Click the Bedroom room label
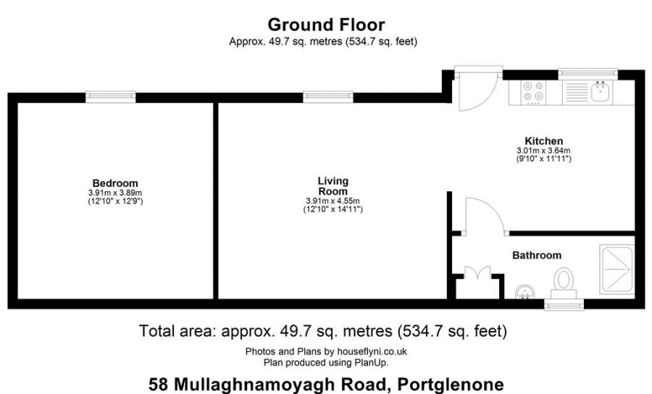[x=115, y=183]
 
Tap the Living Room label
[x=333, y=186]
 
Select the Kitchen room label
[x=544, y=141]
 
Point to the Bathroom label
[x=537, y=255]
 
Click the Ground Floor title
[x=327, y=25]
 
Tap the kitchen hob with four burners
[x=533, y=91]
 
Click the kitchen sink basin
[x=601, y=91]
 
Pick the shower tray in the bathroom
[x=617, y=269]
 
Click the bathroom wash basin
[x=524, y=292]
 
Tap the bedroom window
[x=111, y=97]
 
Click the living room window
[x=328, y=97]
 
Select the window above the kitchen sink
[x=588, y=74]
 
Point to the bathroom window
[x=564, y=305]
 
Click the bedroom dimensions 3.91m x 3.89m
[x=115, y=193]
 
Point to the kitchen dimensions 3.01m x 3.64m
[x=544, y=151]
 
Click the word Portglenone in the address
[x=451, y=384]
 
